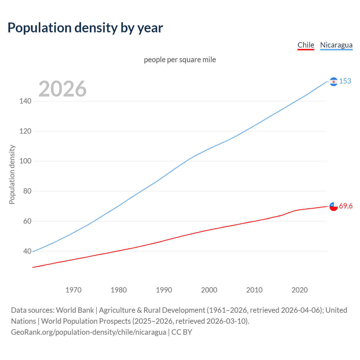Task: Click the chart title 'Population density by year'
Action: [85, 28]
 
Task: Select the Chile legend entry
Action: [306, 45]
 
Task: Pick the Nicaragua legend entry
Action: [336, 45]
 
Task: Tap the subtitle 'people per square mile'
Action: [180, 60]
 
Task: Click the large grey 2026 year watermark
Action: [62, 89]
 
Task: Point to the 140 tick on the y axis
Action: [25, 101]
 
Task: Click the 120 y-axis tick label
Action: [25, 131]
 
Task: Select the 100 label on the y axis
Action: [25, 161]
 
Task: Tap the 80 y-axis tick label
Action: [27, 191]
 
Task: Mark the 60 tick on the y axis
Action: [27, 221]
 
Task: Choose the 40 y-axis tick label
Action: [27, 251]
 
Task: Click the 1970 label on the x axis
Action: [73, 290]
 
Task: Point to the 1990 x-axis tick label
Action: [164, 290]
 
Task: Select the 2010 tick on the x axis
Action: [254, 290]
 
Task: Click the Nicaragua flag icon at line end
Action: [334, 82]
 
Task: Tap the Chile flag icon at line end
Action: [334, 206]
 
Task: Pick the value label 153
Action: [345, 81]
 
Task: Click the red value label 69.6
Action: [346, 206]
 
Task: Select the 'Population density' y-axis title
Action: [12, 174]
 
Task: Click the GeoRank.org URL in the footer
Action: [89, 332]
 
